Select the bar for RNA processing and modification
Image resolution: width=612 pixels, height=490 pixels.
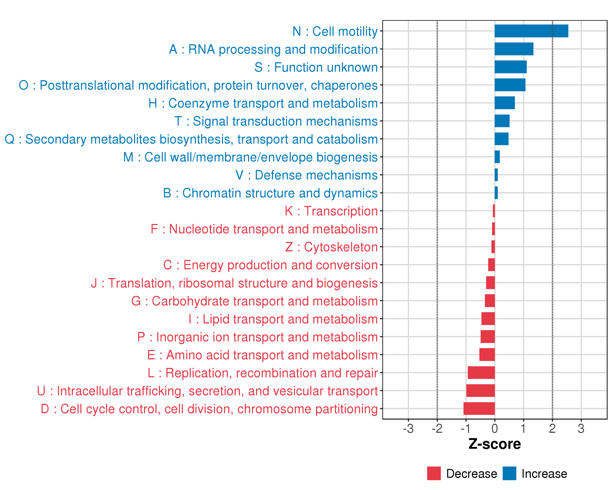coord(514,49)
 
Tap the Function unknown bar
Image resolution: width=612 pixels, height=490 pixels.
coord(510,67)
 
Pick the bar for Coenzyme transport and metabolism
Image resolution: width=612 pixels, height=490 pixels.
coord(504,103)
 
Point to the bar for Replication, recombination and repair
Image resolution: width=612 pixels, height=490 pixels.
coord(481,372)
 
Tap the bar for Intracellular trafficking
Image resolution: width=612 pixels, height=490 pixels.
coord(480,391)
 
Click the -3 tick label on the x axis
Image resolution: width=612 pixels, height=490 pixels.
coord(408,429)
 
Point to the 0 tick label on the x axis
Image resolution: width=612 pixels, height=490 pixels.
coord(494,429)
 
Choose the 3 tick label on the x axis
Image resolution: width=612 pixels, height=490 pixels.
coord(581,429)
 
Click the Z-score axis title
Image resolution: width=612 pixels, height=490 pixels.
coord(494,444)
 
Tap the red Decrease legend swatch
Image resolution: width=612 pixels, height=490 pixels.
coord(434,473)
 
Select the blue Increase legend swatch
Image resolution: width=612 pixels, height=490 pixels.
coord(509,473)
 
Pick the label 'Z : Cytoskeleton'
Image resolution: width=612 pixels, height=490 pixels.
coord(331,247)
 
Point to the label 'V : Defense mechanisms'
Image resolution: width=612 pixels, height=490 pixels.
coord(307,175)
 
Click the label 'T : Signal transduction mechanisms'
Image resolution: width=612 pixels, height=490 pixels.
coord(276,121)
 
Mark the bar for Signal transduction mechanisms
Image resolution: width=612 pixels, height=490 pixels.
coord(502,121)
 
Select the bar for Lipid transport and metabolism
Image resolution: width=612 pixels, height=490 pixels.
coord(488,318)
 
